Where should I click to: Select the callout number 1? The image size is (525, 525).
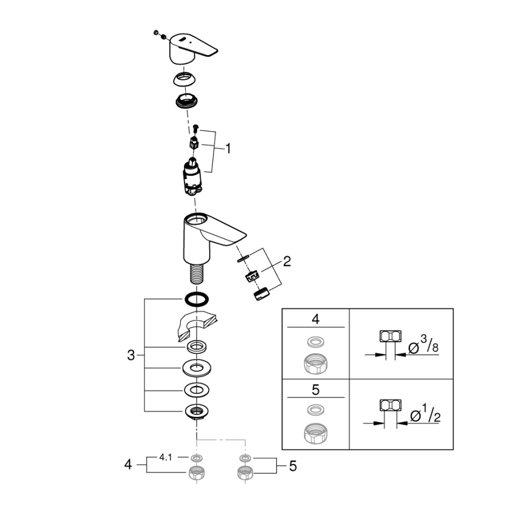click(228, 148)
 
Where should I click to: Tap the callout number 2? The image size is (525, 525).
click(287, 261)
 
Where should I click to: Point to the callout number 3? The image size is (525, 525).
click(131, 355)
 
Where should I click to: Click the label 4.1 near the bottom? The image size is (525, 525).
click(166, 457)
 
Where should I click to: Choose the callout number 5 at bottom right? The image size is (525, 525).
click(293, 466)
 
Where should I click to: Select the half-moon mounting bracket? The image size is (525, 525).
click(197, 327)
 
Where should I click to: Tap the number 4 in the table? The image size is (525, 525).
click(315, 319)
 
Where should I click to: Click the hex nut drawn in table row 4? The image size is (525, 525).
click(315, 364)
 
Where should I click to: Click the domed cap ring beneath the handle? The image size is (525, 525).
click(187, 79)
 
